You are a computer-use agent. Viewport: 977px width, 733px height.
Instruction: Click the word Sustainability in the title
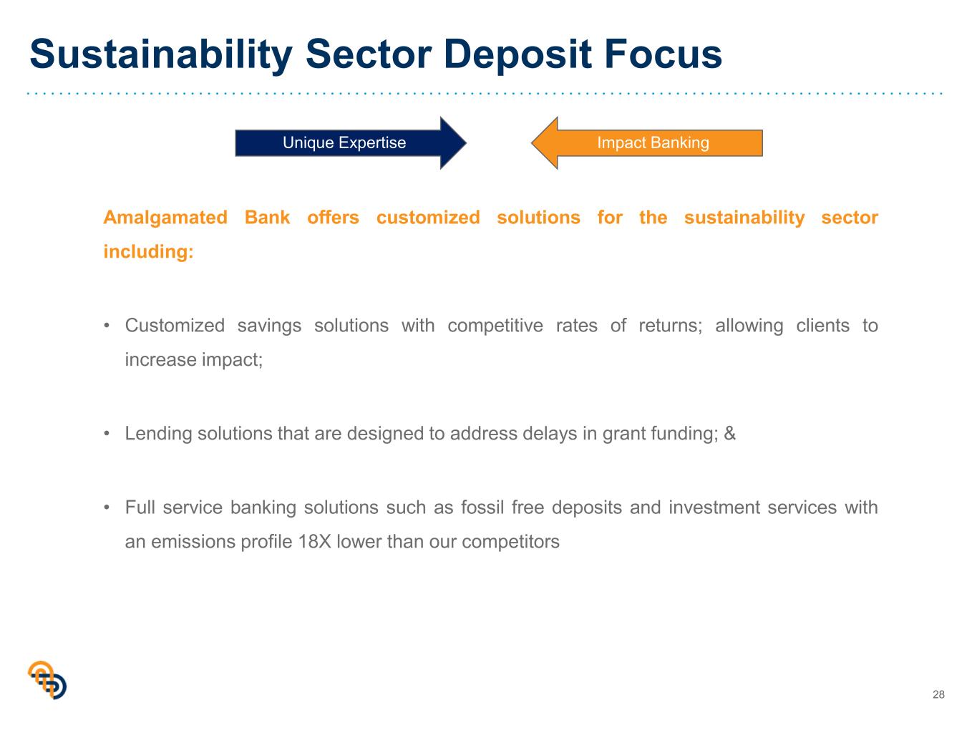[x=161, y=54]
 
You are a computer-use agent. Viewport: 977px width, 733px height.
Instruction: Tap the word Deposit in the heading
[x=517, y=54]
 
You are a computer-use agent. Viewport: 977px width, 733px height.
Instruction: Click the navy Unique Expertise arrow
[x=351, y=143]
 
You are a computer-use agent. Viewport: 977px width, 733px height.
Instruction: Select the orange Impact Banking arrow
[x=647, y=143]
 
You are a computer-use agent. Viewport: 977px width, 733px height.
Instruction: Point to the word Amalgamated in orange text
[x=165, y=218]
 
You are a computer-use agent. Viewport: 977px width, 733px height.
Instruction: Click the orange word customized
[x=428, y=218]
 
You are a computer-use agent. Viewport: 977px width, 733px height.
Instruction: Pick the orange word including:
[x=149, y=252]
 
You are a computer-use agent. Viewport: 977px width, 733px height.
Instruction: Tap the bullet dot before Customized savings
[x=107, y=326]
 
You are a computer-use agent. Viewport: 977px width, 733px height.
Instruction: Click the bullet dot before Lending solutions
[x=107, y=434]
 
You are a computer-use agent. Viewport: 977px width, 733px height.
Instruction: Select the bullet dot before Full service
[x=107, y=508]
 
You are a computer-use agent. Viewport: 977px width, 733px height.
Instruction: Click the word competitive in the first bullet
[x=495, y=326]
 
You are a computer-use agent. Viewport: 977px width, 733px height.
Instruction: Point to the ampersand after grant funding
[x=730, y=434]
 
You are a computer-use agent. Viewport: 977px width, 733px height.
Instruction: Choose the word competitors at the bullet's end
[x=510, y=543]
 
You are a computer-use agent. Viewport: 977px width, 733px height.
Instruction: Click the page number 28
[x=939, y=695]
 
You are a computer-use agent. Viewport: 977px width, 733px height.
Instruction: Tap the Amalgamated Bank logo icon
[x=47, y=681]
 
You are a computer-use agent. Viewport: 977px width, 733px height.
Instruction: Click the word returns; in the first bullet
[x=671, y=326]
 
